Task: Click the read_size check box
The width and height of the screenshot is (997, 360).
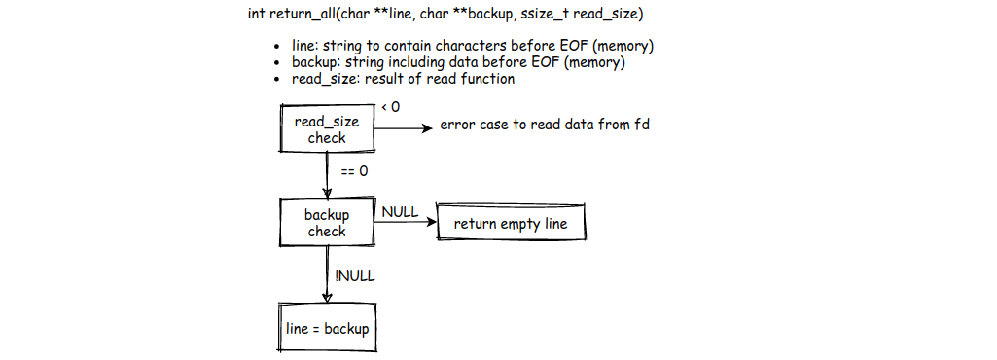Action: click(x=327, y=129)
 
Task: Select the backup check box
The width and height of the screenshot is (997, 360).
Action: click(x=327, y=223)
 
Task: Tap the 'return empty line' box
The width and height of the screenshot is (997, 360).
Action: click(x=512, y=224)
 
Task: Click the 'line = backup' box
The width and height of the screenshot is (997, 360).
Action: click(x=328, y=329)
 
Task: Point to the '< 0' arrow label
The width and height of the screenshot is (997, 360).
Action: click(x=390, y=106)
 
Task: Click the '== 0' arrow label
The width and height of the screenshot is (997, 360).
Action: click(x=354, y=171)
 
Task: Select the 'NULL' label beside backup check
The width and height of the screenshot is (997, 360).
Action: click(x=400, y=211)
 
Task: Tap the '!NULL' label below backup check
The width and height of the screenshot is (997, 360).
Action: click(x=355, y=275)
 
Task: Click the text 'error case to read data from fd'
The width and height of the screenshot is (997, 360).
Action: click(x=545, y=126)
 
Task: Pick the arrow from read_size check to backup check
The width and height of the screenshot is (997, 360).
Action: click(x=328, y=175)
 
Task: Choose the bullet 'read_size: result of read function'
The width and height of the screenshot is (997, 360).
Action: click(x=403, y=78)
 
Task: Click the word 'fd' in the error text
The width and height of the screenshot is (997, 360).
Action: click(x=641, y=126)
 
